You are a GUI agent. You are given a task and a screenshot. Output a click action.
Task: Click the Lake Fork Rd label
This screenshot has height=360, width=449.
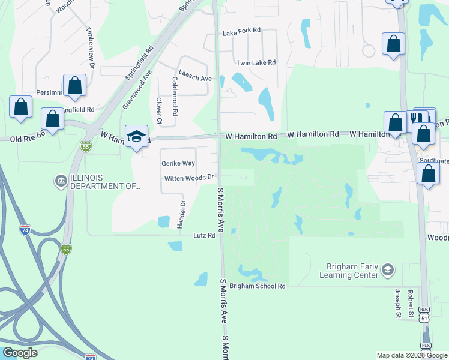[241, 30]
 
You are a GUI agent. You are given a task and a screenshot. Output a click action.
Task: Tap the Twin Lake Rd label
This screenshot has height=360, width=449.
[256, 62]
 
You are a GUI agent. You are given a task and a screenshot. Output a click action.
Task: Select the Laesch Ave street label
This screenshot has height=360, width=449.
[195, 78]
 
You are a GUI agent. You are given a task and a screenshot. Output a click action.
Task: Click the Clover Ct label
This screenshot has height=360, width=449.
[159, 111]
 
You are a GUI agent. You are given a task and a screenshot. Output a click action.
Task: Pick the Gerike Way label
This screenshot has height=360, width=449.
[178, 163]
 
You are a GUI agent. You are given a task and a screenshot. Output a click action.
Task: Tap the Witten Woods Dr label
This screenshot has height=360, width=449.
[189, 177]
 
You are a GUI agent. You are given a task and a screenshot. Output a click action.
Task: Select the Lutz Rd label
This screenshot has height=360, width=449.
[203, 236]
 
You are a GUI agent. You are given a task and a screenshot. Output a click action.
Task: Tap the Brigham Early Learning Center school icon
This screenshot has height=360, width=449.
[387, 271]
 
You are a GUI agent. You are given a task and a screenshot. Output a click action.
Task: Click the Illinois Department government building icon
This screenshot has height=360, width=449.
[61, 181]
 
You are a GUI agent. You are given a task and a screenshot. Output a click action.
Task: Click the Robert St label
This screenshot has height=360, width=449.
[411, 302]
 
